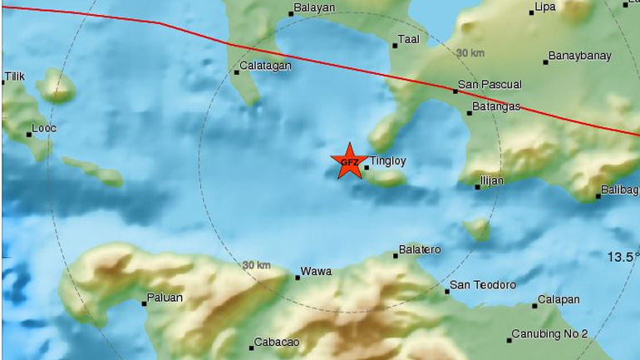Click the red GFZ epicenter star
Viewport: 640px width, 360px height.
point(348,161)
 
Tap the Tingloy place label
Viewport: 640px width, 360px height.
point(388,161)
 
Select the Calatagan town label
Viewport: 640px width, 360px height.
point(264,66)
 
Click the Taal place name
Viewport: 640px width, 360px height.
point(408,38)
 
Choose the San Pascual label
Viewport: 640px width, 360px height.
point(490,84)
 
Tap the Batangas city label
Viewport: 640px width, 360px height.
point(495,106)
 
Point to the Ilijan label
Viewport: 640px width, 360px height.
point(492,180)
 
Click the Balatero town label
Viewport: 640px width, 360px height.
point(420,249)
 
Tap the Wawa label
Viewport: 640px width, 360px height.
point(316,271)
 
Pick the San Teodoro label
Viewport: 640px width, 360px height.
point(482,285)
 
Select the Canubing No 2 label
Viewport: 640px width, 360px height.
point(549,333)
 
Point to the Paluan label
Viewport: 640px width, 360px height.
point(165,298)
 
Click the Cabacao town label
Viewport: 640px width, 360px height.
point(277,343)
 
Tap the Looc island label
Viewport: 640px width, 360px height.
point(43,130)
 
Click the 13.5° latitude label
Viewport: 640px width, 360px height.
point(623,257)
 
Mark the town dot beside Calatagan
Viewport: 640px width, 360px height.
point(236,72)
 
